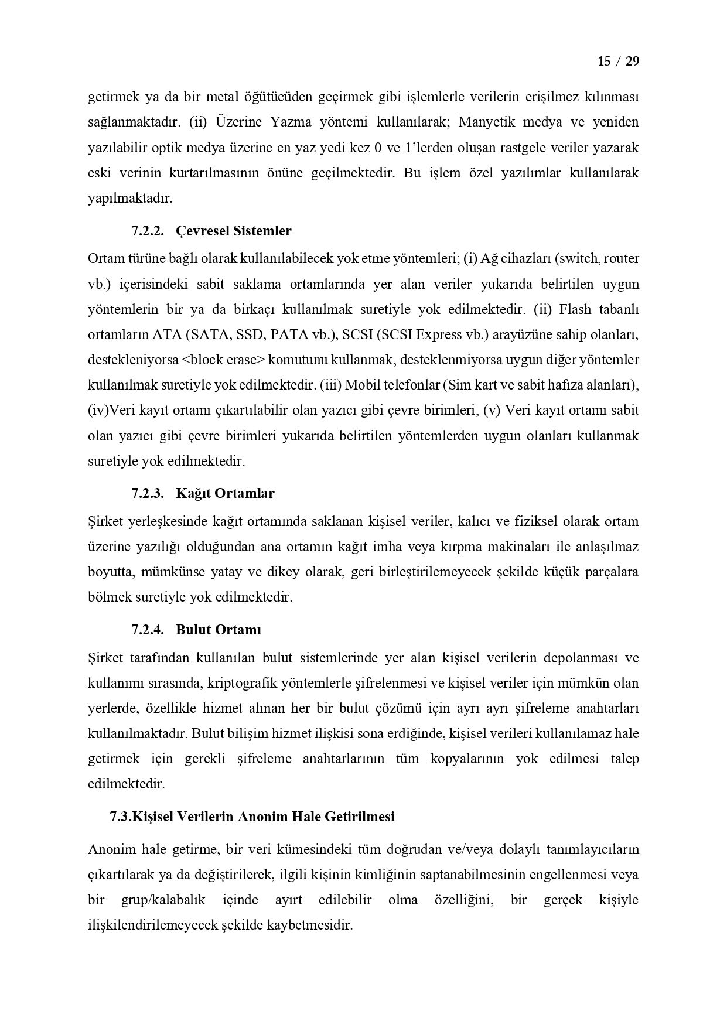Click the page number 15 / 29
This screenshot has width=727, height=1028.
coord(618,61)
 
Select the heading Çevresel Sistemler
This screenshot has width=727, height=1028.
coord(233,231)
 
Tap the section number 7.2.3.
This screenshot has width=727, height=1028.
coord(147,493)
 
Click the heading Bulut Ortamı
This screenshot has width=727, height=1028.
coord(218,630)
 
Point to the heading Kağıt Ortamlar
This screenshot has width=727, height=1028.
coord(225,493)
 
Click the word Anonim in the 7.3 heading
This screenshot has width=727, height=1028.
coord(260,816)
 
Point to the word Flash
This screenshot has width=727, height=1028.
coord(575,309)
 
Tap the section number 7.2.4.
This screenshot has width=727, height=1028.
coord(147,630)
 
